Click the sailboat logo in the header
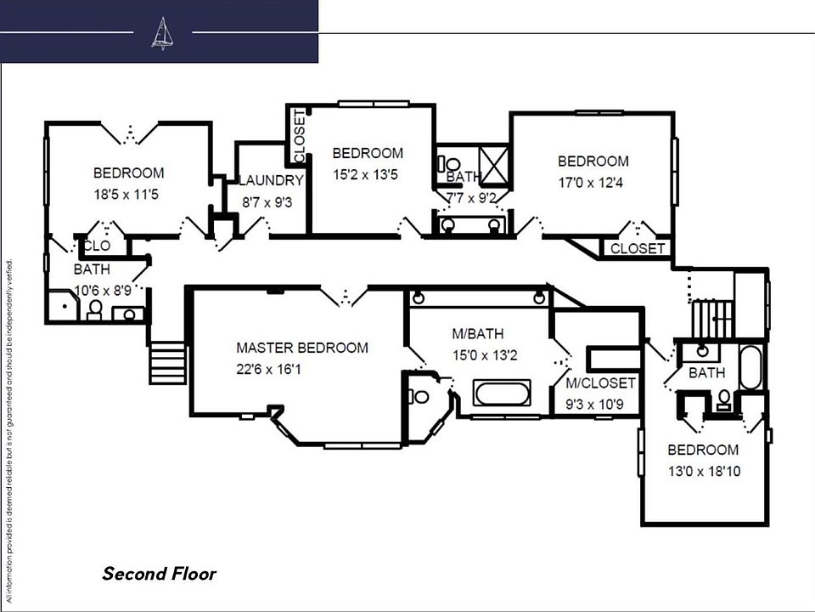click(161, 33)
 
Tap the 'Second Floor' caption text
click(159, 574)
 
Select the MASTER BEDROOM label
click(302, 348)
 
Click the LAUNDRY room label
click(271, 180)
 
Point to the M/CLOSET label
click(600, 383)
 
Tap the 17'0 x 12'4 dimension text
click(594, 182)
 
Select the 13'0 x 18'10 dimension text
click(703, 470)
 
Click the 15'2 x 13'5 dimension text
click(368, 175)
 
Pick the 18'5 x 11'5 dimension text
click(127, 194)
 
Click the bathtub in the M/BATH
click(501, 394)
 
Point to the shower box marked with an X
click(493, 160)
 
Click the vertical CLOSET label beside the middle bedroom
click(299, 136)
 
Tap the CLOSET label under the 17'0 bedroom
click(638, 249)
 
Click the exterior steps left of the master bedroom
click(168, 363)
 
